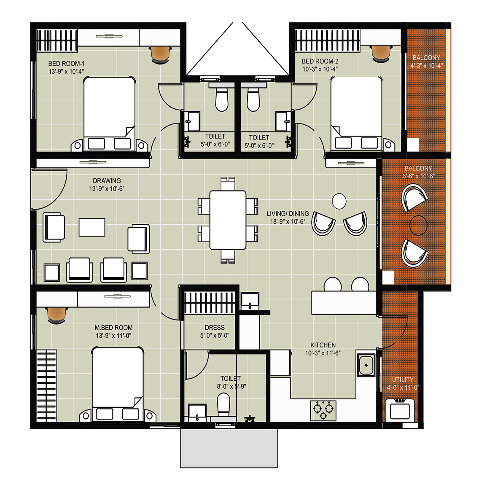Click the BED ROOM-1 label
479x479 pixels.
pyautogui.click(x=66, y=64)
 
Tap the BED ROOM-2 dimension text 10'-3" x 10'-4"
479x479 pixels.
pyautogui.click(x=320, y=69)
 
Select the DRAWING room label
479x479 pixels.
pyautogui.click(x=107, y=180)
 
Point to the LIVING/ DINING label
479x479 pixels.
pyautogui.click(x=288, y=213)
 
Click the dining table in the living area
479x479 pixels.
pyautogui.click(x=228, y=220)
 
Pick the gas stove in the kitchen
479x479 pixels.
pyautogui.click(x=323, y=411)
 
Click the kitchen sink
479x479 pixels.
pyautogui.click(x=366, y=365)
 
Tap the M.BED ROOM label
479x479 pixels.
pyautogui.click(x=114, y=328)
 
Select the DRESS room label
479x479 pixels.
pyautogui.click(x=215, y=328)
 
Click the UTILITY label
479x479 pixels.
pyautogui.click(x=403, y=379)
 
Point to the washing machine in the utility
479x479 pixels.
pyautogui.click(x=400, y=410)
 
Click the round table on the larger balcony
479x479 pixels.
pyautogui.click(x=418, y=225)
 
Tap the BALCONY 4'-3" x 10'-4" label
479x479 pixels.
pyautogui.click(x=426, y=62)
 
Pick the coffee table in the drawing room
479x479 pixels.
pyautogui.click(x=92, y=227)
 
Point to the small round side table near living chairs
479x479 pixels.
pyautogui.click(x=339, y=201)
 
